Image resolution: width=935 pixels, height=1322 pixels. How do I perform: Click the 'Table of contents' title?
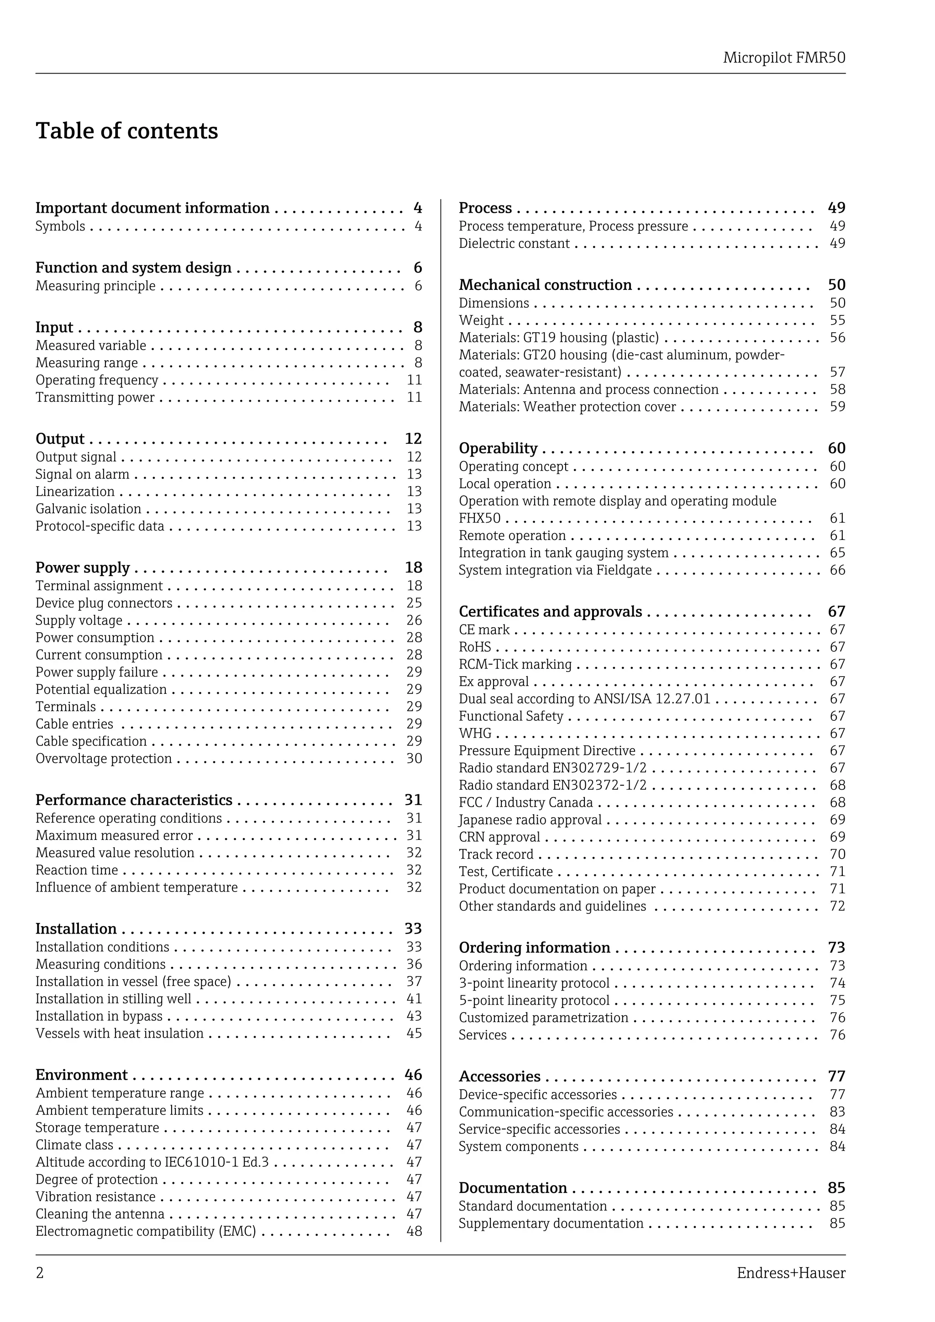[x=126, y=131]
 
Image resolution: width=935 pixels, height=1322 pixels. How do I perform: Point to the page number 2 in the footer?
[x=40, y=1273]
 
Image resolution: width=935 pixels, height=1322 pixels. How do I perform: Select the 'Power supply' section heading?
[x=82, y=568]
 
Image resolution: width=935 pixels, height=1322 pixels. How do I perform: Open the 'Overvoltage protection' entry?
[x=104, y=758]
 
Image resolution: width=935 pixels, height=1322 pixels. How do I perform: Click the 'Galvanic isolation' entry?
[x=88, y=509]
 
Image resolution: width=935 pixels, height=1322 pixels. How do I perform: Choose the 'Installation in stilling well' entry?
[x=113, y=998]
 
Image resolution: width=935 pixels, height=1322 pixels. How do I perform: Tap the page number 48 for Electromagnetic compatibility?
[x=414, y=1231]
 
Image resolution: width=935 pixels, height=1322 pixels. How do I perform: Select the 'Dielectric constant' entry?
[x=514, y=244]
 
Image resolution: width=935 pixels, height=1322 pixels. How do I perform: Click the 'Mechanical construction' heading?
[x=545, y=285]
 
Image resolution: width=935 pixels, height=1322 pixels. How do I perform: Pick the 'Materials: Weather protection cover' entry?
[x=567, y=406]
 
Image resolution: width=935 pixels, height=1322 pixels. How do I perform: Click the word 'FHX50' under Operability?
[x=479, y=518]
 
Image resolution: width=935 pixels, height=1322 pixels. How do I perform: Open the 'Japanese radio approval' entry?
[x=530, y=819]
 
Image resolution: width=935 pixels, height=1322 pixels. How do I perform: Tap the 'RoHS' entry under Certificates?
[x=474, y=646]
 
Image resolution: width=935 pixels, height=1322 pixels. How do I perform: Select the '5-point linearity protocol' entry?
[x=534, y=1000]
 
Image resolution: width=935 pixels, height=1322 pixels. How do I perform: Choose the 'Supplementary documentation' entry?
[x=551, y=1223]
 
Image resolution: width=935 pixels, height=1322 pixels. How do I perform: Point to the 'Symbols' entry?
[x=60, y=226]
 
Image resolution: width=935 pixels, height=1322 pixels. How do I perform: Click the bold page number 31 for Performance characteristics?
[x=413, y=800]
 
